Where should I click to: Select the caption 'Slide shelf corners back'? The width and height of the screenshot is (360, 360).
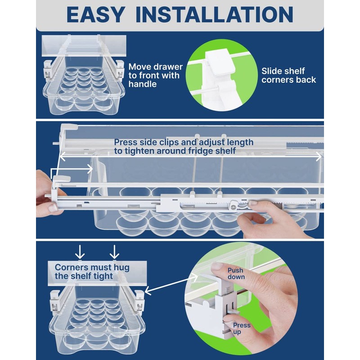point(288,75)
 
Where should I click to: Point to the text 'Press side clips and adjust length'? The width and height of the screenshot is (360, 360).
point(184,142)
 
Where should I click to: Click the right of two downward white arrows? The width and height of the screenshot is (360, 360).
point(114,251)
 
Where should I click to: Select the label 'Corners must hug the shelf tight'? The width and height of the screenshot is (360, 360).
point(92,271)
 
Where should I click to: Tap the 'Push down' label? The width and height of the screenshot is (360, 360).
point(236,274)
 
